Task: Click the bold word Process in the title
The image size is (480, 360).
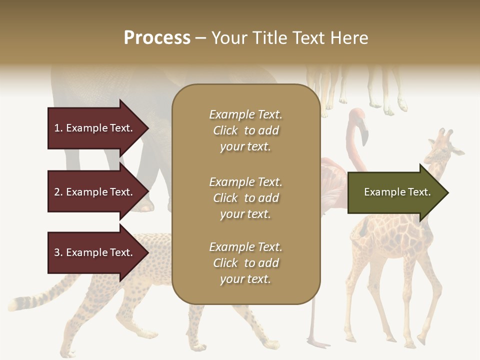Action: (x=157, y=38)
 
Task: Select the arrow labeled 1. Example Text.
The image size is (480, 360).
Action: (x=95, y=128)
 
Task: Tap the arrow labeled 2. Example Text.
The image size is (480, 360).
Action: (x=95, y=192)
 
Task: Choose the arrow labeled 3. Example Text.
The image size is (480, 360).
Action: (x=95, y=252)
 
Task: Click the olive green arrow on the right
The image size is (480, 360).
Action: (x=395, y=192)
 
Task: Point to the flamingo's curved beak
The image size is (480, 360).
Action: (x=364, y=135)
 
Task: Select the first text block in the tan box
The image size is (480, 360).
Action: (x=245, y=130)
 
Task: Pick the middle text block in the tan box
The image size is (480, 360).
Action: (x=245, y=198)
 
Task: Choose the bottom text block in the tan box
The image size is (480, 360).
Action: (x=245, y=263)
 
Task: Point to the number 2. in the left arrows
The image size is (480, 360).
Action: (x=58, y=192)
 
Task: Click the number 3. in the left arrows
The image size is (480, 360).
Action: (x=58, y=252)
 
